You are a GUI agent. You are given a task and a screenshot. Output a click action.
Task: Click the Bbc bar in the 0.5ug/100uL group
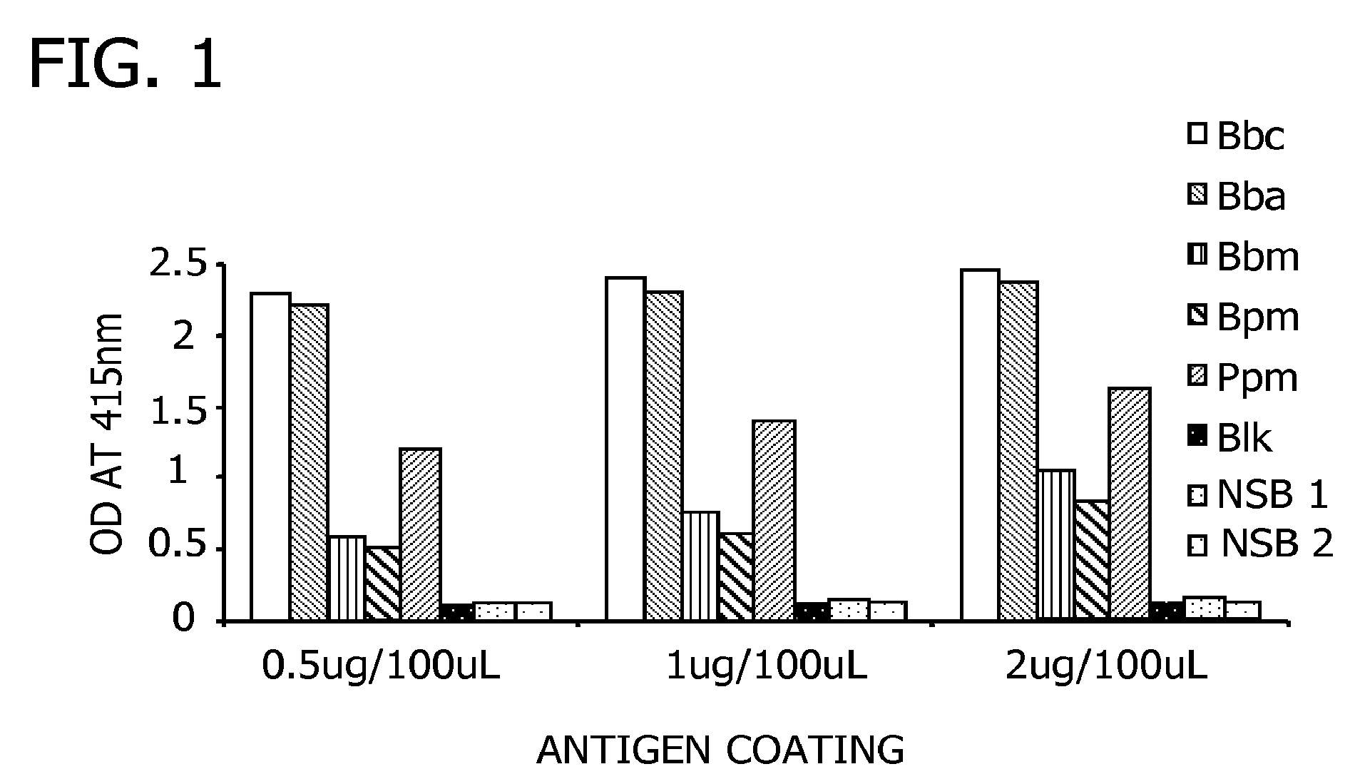pyautogui.click(x=271, y=457)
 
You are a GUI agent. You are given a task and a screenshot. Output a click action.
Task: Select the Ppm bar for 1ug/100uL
pyautogui.click(x=774, y=521)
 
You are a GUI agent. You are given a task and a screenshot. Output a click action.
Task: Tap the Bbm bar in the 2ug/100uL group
pyautogui.click(x=1056, y=546)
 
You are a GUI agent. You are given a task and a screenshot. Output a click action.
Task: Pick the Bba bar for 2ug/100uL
pyautogui.click(x=1018, y=452)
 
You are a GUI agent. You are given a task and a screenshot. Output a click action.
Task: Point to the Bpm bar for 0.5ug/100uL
pyautogui.click(x=383, y=584)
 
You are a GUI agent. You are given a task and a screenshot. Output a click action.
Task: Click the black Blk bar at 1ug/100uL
pyautogui.click(x=812, y=612)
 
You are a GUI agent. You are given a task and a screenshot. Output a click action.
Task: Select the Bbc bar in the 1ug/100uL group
pyautogui.click(x=625, y=449)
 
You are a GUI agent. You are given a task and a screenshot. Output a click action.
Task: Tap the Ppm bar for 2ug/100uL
pyautogui.click(x=1130, y=505)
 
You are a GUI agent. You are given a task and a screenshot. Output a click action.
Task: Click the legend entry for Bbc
pyautogui.click(x=1235, y=136)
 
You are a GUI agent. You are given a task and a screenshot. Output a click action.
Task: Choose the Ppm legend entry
pyautogui.click(x=1242, y=377)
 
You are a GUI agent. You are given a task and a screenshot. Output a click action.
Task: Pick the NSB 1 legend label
pyautogui.click(x=1273, y=494)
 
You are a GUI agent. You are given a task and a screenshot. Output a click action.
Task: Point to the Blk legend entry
pyautogui.click(x=1229, y=437)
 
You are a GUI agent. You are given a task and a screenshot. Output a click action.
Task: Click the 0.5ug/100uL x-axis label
pyautogui.click(x=382, y=667)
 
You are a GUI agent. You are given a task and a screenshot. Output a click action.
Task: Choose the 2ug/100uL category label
pyautogui.click(x=1106, y=667)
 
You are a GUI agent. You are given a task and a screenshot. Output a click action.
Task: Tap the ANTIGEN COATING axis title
pyautogui.click(x=720, y=750)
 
